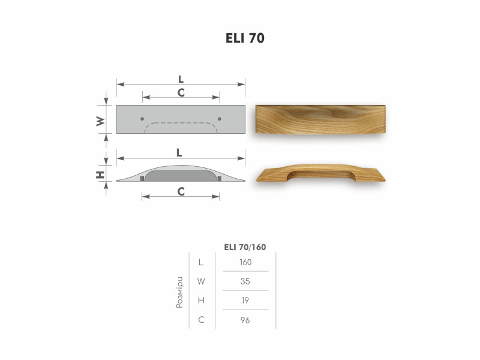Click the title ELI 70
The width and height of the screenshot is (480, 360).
point(245,38)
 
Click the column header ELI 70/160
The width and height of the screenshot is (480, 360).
point(245,247)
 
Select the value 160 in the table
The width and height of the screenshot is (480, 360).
point(245,262)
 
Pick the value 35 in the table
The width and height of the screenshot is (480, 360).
point(245,281)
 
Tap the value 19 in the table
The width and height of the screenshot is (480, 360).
point(245,301)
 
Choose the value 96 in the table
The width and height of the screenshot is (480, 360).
point(245,320)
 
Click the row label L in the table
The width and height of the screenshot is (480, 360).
point(201,262)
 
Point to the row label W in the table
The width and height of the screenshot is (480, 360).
point(201,281)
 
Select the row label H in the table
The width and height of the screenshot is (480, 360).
point(201,301)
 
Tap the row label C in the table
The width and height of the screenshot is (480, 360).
point(201,320)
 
